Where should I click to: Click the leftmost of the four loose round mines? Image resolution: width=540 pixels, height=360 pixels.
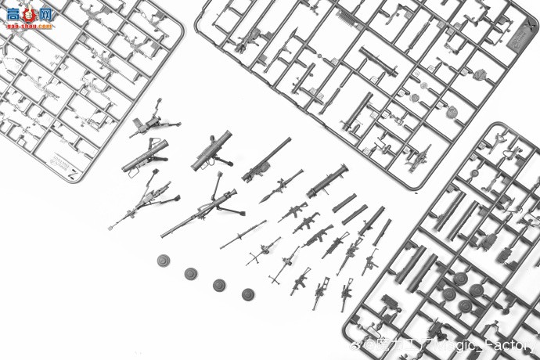[x=163, y=261]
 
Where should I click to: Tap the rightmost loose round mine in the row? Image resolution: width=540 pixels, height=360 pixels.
[x=248, y=294]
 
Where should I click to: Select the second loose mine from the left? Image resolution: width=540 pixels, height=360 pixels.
[x=191, y=273]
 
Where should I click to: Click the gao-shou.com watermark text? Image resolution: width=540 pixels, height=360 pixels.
[x=30, y=26]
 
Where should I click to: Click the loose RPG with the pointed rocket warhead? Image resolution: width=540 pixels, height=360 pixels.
[x=280, y=186]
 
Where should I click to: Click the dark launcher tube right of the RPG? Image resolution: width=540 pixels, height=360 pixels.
[x=327, y=182]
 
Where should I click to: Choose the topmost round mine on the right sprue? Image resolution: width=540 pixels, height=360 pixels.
[x=460, y=278]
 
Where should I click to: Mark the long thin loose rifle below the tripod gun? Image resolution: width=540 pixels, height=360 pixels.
[x=243, y=234]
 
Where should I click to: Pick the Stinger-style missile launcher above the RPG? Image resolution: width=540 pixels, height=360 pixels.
[x=265, y=160]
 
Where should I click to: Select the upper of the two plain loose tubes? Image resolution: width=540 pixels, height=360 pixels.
[x=344, y=203]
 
